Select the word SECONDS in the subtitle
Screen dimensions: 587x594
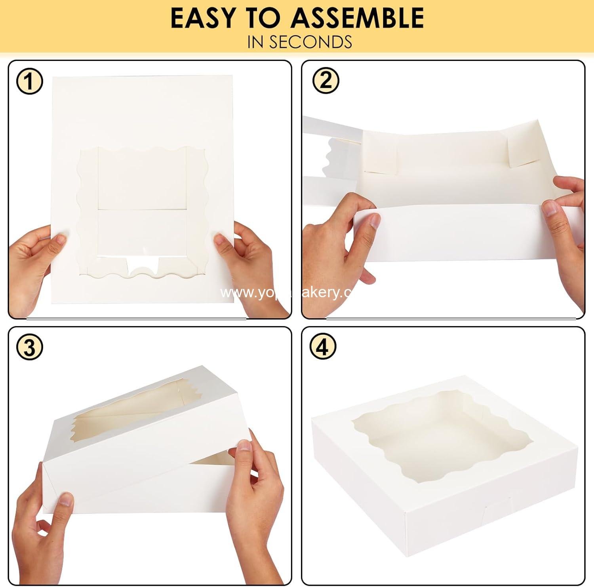[310, 42]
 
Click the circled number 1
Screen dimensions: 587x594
[29, 82]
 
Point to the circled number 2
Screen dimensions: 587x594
[326, 81]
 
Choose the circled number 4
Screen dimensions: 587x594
[323, 347]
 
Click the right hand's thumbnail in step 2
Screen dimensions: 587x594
[550, 208]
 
